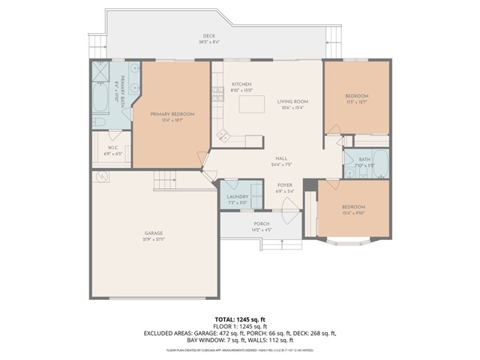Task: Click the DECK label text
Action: [208, 36]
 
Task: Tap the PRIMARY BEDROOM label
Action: [172, 114]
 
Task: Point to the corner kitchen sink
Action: [223, 136]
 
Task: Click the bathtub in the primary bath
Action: [100, 95]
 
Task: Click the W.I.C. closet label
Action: [112, 148]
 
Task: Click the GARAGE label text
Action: [154, 233]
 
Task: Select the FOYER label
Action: [284, 184]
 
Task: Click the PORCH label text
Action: [261, 223]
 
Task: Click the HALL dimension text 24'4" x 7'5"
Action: [281, 165]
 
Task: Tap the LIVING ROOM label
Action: [292, 101]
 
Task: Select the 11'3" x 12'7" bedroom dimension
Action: [356, 102]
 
